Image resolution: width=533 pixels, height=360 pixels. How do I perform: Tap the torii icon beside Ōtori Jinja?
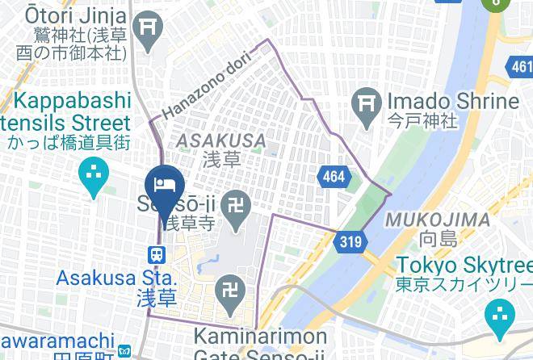(149, 27)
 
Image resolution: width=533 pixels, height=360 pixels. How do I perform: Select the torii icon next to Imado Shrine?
(367, 103)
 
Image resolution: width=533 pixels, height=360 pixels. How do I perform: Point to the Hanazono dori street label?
(208, 84)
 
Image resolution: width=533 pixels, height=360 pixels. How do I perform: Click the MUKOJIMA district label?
(438, 220)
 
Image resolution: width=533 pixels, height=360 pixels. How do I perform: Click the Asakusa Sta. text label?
(102, 278)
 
